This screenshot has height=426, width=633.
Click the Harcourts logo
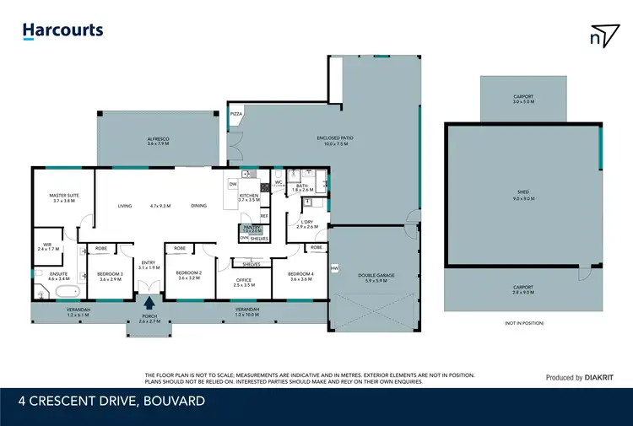62,31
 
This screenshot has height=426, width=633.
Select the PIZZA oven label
236,112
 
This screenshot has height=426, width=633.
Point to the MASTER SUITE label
63,197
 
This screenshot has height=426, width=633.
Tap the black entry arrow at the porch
149,305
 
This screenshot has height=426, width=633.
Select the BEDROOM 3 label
110,275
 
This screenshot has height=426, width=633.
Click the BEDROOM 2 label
189,274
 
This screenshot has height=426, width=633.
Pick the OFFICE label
243,282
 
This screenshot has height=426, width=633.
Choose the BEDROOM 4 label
301,275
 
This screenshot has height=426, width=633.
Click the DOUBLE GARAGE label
376,278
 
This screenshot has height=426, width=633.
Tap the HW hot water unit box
334,269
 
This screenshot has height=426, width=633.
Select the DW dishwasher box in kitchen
233,184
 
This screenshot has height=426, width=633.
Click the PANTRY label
252,228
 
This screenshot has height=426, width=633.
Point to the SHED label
522,193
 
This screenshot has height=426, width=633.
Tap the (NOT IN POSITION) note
523,323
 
